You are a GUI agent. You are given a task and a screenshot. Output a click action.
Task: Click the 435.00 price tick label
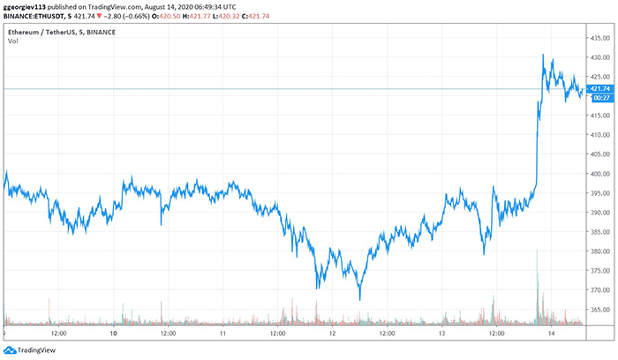(600, 38)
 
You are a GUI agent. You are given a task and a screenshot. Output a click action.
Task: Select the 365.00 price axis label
(600, 310)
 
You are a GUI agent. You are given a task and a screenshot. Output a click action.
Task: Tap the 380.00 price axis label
(600, 251)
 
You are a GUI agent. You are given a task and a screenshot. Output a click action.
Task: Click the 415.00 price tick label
(600, 116)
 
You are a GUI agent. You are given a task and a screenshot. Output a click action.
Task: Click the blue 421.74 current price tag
(600, 88)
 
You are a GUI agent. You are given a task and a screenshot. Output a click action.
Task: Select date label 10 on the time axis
(114, 334)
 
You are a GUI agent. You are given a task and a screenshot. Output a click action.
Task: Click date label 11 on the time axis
(223, 334)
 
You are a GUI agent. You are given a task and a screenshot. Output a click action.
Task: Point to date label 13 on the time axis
(441, 334)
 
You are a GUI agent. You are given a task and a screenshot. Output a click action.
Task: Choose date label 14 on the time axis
(551, 334)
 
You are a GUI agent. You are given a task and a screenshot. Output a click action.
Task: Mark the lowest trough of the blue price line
(359, 299)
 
